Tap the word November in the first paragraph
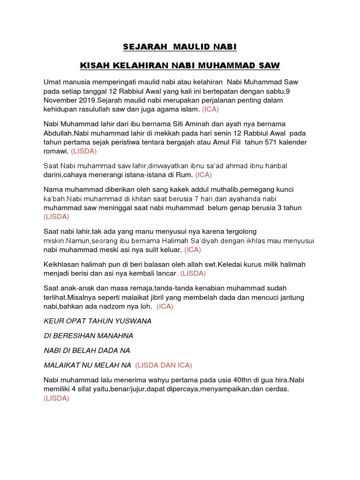pyautogui.click(x=63, y=100)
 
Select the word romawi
pyautogui.click(x=56, y=151)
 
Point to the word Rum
pyautogui.click(x=186, y=175)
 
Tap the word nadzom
pyautogui.click(x=114, y=307)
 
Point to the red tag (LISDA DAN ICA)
pyautogui.click(x=164, y=365)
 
